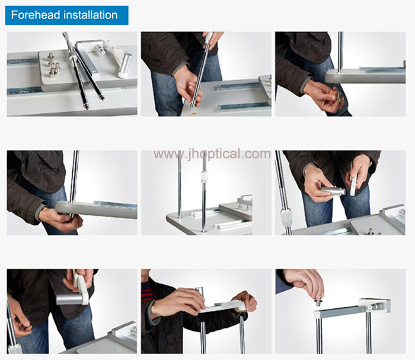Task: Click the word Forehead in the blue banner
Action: click(36, 15)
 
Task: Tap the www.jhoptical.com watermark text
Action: click(212, 154)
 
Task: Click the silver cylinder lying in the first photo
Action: click(125, 65)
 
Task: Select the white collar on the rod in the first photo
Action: click(72, 56)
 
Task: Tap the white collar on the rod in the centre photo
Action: click(205, 177)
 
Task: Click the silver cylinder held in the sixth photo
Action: click(333, 191)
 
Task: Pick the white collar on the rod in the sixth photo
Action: click(286, 218)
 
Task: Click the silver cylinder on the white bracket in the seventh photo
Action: click(69, 298)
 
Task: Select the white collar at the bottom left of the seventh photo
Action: click(15, 349)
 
